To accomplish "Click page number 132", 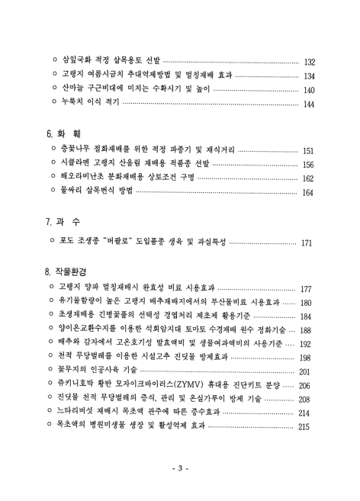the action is [310, 61].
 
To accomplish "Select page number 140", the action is [310, 90].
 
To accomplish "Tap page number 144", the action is [310, 104].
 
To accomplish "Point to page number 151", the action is [310, 151].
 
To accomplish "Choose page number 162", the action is [310, 180].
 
